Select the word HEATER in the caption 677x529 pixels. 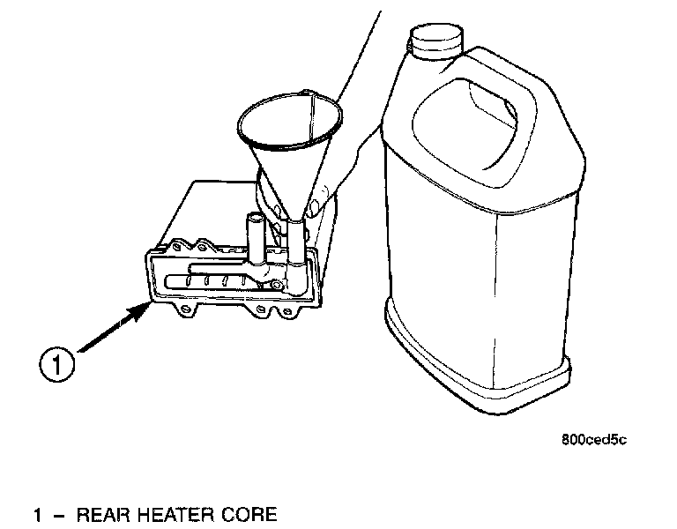[178, 514]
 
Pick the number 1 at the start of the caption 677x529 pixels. [37, 514]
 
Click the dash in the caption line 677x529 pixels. [58, 514]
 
